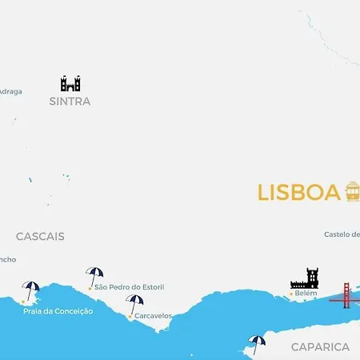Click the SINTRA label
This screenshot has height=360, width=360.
(70, 102)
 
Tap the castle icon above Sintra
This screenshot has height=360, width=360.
(70, 83)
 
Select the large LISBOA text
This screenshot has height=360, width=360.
(298, 193)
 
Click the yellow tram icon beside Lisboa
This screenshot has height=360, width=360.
(352, 191)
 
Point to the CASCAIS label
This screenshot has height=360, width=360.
(40, 237)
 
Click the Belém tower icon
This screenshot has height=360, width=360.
(305, 278)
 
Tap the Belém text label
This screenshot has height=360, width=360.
(306, 294)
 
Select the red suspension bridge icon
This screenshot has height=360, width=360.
(345, 295)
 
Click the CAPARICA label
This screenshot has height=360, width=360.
(320, 347)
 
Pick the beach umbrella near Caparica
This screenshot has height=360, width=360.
(256, 343)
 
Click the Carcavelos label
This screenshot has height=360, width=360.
(154, 316)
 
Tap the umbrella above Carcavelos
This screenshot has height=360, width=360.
(134, 304)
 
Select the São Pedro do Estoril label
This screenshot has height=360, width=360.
(129, 286)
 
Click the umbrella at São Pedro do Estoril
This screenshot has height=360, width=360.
(94, 275)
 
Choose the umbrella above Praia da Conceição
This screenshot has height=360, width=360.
(31, 290)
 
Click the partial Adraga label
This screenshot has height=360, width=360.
(10, 91)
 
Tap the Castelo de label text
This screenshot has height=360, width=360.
(342, 234)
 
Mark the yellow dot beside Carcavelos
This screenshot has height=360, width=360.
(130, 316)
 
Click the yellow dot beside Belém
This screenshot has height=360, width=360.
(290, 294)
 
